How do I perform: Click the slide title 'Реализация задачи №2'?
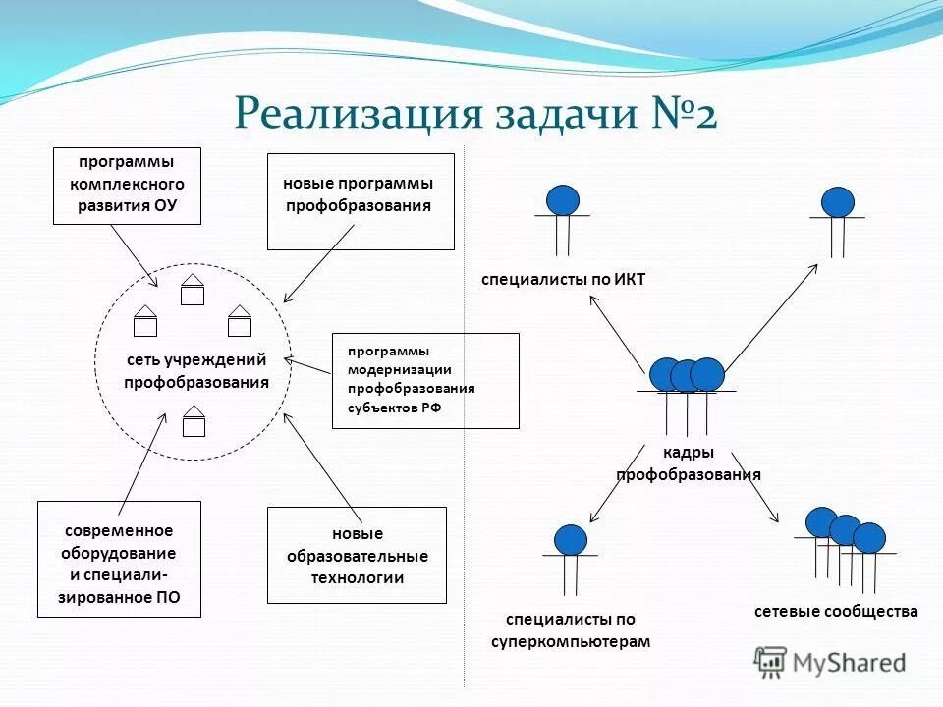475,113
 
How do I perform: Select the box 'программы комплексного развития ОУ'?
126,185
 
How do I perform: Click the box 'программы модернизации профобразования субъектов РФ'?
424,380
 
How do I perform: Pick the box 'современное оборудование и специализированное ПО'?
118,558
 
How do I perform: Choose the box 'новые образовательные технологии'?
356,555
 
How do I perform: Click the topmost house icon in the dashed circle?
193,291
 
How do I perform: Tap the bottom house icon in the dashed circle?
194,422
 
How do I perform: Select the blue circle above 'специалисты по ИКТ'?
563,200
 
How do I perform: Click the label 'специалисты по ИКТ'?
563,280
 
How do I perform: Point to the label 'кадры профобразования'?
688,463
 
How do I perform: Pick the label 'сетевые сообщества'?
836,611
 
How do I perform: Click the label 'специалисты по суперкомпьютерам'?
571,630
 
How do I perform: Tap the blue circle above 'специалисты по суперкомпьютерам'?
570,540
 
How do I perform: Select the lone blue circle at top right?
837,202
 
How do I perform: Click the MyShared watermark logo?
830,663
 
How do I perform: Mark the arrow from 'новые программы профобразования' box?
319,263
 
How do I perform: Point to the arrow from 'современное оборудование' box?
141,462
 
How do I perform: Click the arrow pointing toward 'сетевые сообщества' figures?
769,500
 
